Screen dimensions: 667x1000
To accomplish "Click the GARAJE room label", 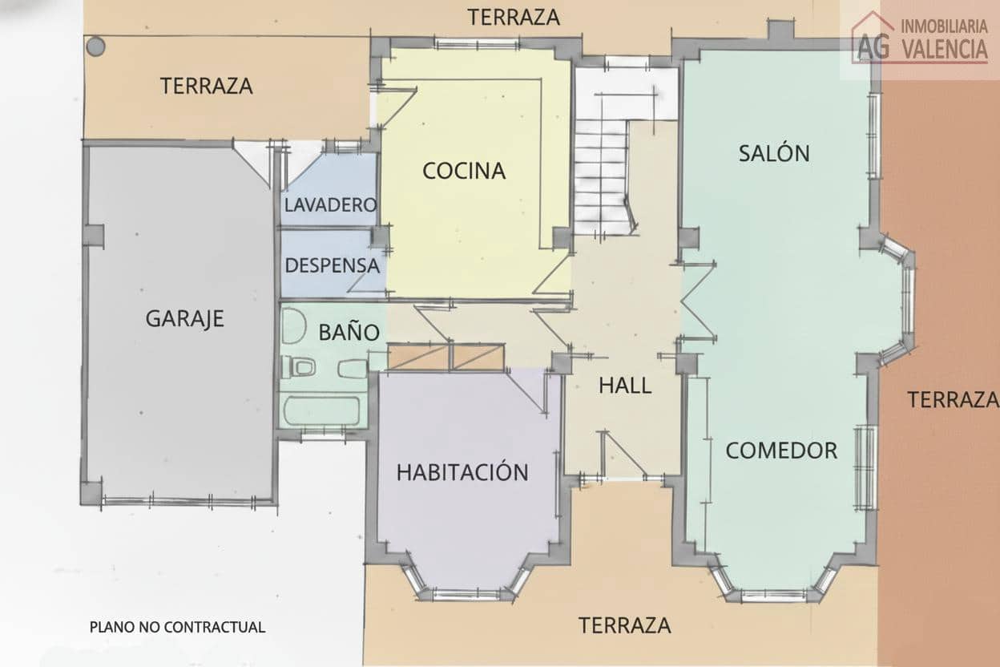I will [x=184, y=318].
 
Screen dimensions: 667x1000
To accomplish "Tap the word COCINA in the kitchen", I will [x=464, y=171].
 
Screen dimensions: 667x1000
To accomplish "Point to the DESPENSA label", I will [x=332, y=265].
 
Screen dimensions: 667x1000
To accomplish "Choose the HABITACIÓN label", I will [x=462, y=472].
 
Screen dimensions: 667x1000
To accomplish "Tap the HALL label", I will [x=625, y=386].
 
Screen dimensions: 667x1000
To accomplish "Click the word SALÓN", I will [x=774, y=153].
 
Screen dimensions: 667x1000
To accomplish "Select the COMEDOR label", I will [x=781, y=451].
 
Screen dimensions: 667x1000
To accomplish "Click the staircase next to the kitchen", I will [x=603, y=176].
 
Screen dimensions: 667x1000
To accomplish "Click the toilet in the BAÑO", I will [x=299, y=368].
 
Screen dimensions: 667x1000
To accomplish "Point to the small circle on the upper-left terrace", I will [x=95, y=46].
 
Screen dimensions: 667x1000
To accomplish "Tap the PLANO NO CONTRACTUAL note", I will [x=177, y=627].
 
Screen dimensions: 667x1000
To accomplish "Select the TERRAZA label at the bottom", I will [x=625, y=625].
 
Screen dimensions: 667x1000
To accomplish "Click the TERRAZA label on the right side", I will [x=952, y=398].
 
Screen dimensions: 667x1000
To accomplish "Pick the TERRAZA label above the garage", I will [x=207, y=86].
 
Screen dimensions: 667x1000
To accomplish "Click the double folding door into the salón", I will [x=697, y=301].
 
